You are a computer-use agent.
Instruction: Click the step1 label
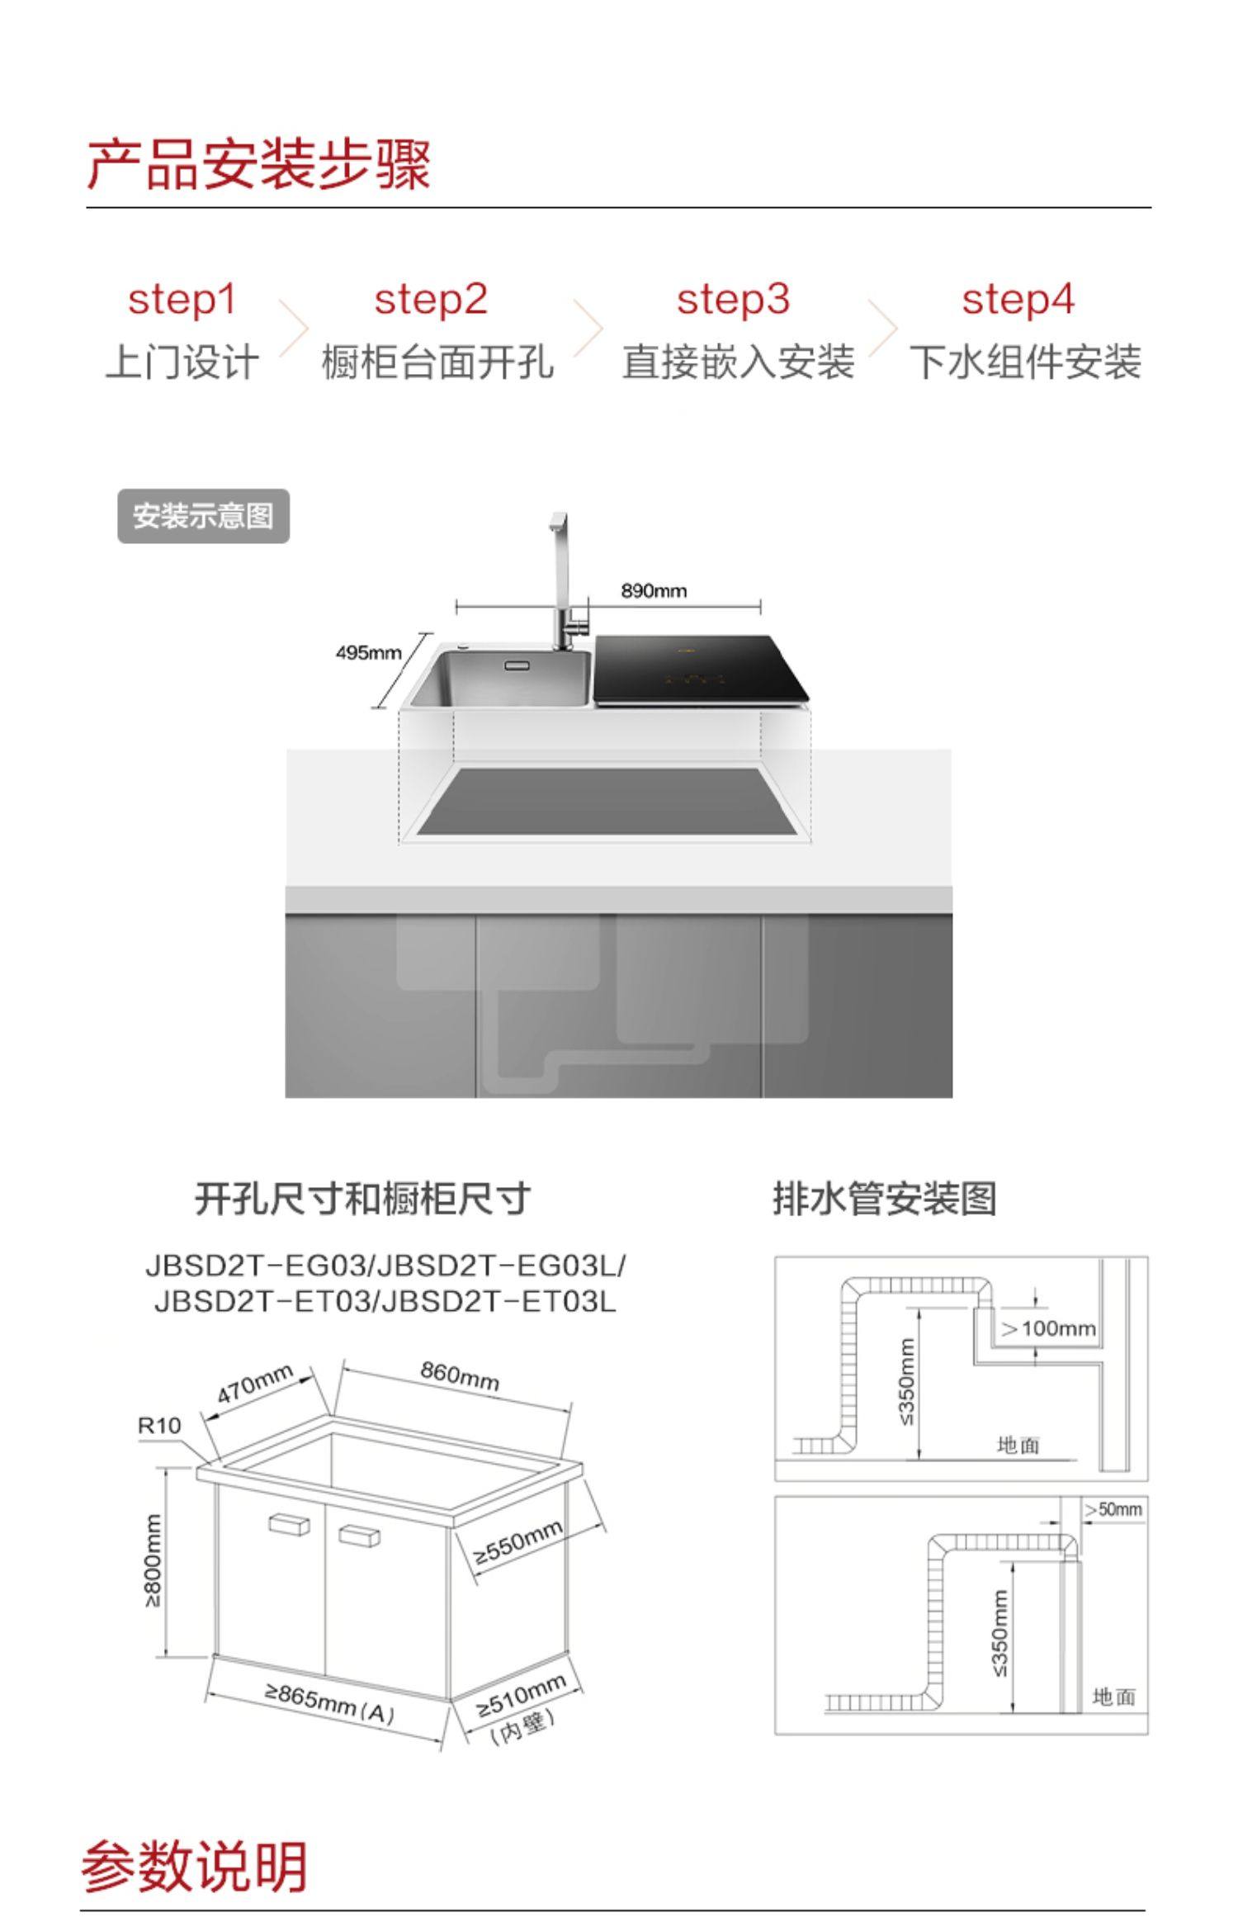tap(182, 299)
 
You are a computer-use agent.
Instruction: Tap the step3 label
tap(733, 299)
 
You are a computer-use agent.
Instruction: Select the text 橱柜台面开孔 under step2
tap(437, 362)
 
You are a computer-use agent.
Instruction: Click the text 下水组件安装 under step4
tap(1025, 362)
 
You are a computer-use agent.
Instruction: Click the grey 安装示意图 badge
tap(203, 516)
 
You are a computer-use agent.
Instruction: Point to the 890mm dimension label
tap(654, 590)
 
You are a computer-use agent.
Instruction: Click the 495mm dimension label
tap(368, 653)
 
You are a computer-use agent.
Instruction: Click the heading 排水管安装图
tap(885, 1198)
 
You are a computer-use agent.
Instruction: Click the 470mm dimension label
tap(255, 1383)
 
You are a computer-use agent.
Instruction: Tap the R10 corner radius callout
tap(158, 1425)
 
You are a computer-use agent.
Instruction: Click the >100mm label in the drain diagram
tap(1048, 1328)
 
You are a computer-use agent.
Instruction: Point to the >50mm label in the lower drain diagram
tap(1113, 1509)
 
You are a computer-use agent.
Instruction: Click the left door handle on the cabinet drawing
tap(289, 1524)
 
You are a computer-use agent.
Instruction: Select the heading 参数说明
tap(195, 1867)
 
